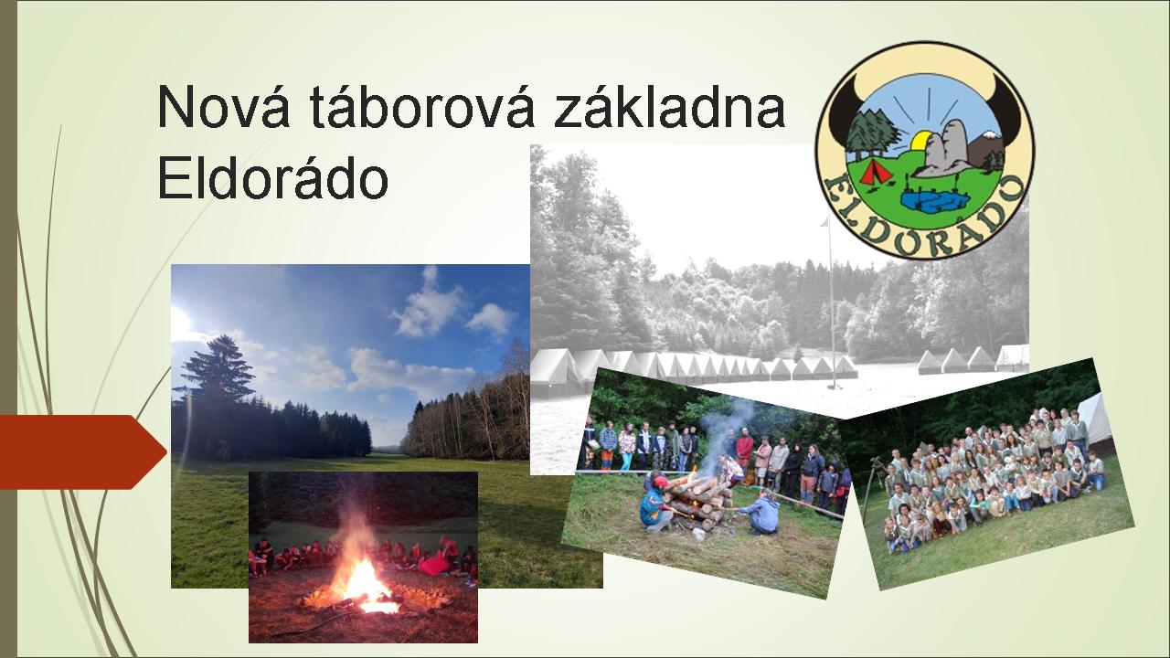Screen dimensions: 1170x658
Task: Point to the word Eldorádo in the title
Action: [272, 176]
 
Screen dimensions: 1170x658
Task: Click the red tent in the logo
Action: [876, 173]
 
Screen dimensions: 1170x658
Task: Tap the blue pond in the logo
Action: [933, 201]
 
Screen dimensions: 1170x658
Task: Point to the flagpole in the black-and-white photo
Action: [831, 302]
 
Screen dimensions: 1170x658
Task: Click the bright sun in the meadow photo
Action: [179, 321]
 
